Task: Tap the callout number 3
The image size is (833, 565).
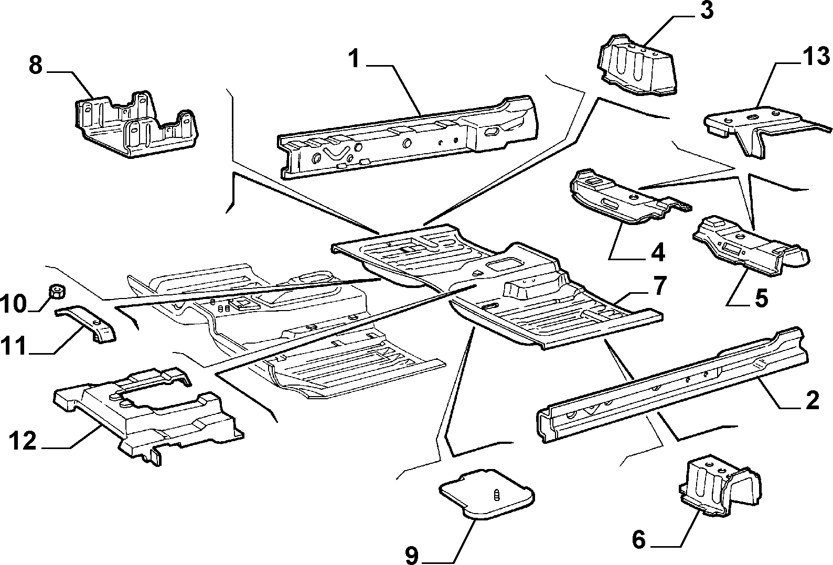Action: pos(707,10)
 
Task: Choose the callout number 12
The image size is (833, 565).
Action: pos(23,441)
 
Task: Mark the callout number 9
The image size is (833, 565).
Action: pos(412,555)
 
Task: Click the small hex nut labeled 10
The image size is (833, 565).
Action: pos(57,291)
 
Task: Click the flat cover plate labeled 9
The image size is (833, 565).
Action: pos(486,493)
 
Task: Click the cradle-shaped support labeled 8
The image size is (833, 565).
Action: pos(136,124)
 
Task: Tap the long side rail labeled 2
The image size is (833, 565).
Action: pos(672,385)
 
